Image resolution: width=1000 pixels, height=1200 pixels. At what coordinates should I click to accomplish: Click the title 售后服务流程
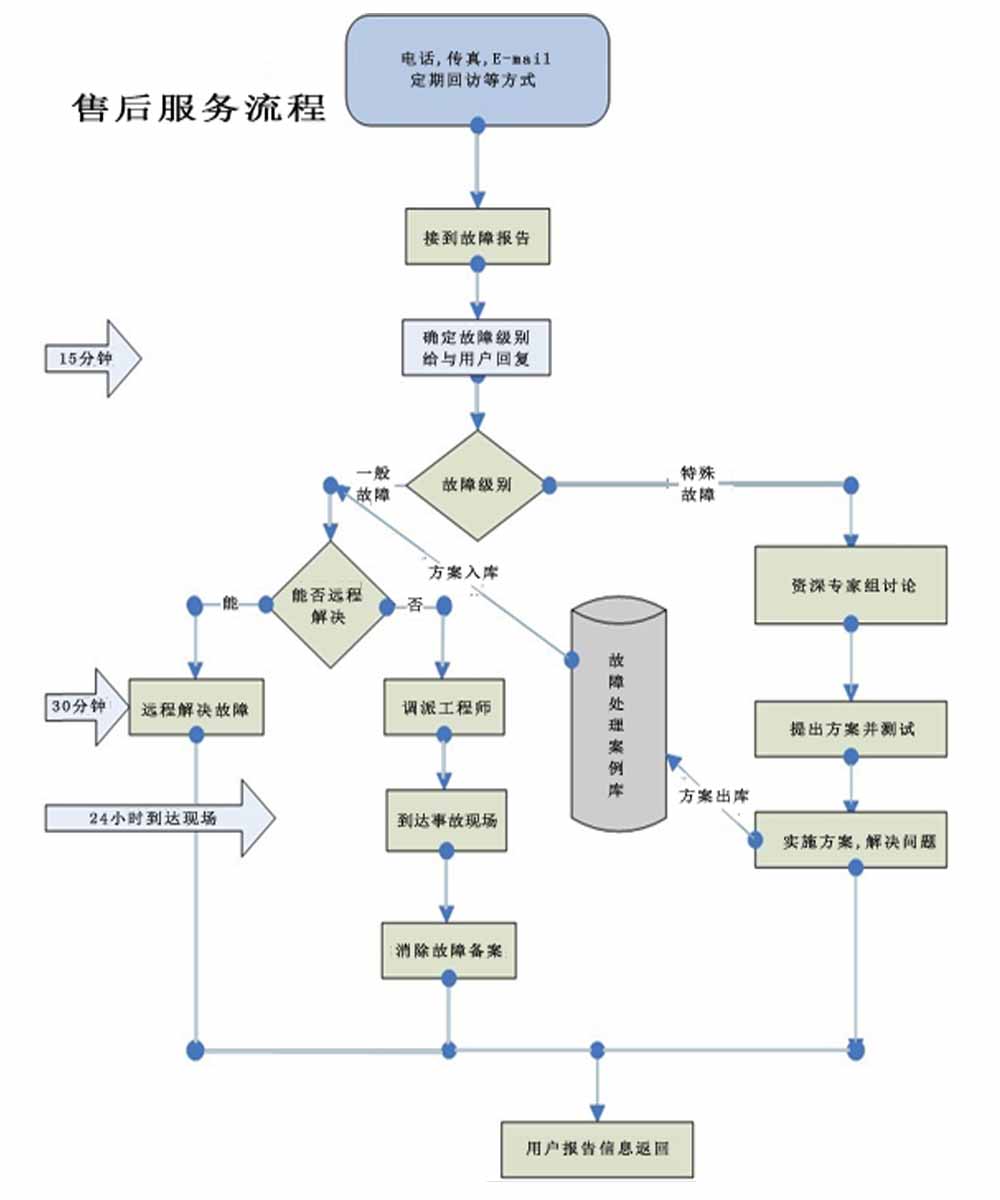click(x=200, y=107)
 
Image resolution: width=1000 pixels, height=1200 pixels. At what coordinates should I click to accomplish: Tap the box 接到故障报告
click(x=477, y=237)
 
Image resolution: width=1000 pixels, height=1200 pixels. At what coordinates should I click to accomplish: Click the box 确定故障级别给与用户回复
click(x=476, y=347)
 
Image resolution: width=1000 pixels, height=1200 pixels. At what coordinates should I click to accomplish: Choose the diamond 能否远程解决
click(x=327, y=604)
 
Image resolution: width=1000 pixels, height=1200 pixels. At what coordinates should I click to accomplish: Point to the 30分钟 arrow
click(x=85, y=707)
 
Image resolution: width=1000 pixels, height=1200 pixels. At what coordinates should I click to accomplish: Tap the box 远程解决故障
click(x=196, y=709)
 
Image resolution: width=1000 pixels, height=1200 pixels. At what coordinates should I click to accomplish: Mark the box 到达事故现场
click(x=446, y=820)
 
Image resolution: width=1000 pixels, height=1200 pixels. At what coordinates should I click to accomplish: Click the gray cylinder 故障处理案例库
click(x=619, y=710)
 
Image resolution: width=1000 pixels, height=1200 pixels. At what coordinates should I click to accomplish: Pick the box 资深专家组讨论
click(x=850, y=586)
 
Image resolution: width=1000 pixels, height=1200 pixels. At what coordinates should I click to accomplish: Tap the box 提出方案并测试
click(x=851, y=728)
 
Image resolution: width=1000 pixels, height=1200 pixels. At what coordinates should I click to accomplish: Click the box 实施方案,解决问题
click(x=850, y=840)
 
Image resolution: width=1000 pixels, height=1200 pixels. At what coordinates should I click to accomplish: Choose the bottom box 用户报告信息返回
click(x=597, y=1148)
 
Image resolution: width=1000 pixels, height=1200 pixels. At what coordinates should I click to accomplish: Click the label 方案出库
click(x=716, y=796)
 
